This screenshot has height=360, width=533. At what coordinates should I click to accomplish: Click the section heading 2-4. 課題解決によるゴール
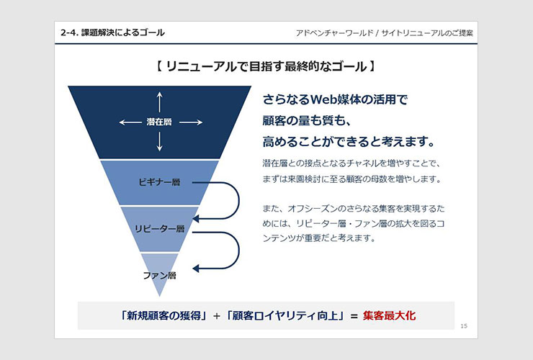coord(112,32)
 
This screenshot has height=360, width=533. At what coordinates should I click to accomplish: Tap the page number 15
coord(464,326)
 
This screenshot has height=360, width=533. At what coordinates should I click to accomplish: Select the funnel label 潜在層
coord(159,122)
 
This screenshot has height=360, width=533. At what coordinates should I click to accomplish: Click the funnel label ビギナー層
coord(159,182)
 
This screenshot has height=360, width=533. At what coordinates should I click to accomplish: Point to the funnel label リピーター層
coord(159,228)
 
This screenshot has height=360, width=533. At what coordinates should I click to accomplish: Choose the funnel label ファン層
coord(159,275)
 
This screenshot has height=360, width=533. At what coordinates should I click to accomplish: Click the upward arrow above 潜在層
coord(159,102)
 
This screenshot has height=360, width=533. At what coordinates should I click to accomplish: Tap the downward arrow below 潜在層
coord(159,141)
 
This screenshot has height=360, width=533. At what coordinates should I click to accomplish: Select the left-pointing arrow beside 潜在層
coord(130,122)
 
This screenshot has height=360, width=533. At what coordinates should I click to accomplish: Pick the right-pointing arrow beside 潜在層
coord(191,122)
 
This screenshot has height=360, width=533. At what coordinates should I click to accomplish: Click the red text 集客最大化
coord(389,315)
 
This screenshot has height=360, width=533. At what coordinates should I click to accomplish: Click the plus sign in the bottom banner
coord(217,316)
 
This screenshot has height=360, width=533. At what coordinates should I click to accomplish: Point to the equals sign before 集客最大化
coord(354,316)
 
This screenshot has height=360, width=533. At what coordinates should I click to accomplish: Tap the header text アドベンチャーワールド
coord(334,33)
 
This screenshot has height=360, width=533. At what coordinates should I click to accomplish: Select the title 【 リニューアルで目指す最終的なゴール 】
coord(266,66)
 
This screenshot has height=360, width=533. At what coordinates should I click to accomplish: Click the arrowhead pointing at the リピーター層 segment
coord(196,218)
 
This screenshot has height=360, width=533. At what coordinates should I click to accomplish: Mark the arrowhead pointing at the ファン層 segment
coord(196,269)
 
